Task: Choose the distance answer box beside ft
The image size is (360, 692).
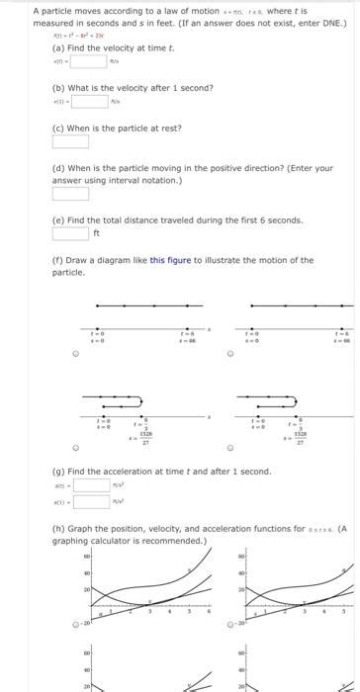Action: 70,233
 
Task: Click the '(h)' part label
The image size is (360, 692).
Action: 59,530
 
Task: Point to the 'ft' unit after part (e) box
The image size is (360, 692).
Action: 97,234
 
